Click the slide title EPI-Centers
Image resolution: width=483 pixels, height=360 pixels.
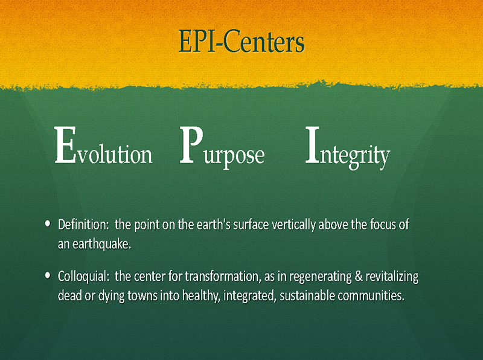tap(241, 41)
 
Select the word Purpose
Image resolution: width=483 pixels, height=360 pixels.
tap(222, 148)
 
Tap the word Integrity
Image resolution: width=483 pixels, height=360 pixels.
tap(348, 148)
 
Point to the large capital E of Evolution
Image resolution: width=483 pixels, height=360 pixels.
tap(65, 145)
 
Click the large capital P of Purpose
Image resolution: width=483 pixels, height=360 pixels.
tap(191, 144)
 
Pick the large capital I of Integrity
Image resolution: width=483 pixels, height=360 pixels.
tap(312, 144)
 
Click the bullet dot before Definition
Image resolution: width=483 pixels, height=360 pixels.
tap(48, 223)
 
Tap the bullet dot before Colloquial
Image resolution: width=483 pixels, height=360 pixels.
tap(48, 275)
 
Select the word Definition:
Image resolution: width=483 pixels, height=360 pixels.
tap(83, 225)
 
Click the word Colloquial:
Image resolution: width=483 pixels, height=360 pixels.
tap(83, 277)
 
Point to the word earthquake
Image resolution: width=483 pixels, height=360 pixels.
tap(101, 244)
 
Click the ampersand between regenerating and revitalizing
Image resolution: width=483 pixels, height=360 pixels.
tap(358, 276)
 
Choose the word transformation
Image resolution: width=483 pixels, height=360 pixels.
tap(221, 276)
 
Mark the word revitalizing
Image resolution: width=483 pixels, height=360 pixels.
tap(392, 277)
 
